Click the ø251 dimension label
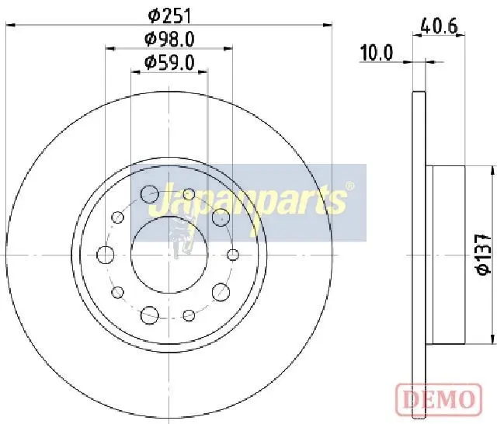170,16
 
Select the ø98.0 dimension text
169,40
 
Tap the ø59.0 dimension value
169,63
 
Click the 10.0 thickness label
377,53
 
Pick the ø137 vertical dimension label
485,255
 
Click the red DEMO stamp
439,399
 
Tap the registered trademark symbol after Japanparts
349,186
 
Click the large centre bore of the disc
169,255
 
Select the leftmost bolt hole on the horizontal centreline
106,255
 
